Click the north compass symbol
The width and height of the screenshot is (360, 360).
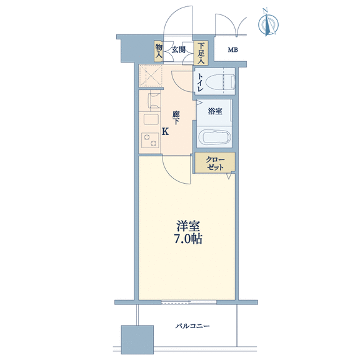click(268, 23)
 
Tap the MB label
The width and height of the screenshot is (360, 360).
click(232, 49)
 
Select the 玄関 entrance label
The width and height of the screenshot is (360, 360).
click(179, 49)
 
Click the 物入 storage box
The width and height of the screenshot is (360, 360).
click(159, 51)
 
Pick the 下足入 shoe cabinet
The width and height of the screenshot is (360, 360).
click(201, 52)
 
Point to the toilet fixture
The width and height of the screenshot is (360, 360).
click(221, 82)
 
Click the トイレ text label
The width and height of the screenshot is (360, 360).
click(200, 82)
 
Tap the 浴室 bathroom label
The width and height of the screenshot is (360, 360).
click(215, 111)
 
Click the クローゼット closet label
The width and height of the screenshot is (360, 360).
click(215, 163)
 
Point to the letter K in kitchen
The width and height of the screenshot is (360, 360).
click(165, 132)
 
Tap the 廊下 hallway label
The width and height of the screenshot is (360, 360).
click(176, 117)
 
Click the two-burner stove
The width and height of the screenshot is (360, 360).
click(151, 140)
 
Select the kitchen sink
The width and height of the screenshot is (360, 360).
click(151, 119)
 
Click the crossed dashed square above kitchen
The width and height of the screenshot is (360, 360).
click(151, 76)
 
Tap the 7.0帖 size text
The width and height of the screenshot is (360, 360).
click(188, 239)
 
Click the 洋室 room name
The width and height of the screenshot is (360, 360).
click(188, 226)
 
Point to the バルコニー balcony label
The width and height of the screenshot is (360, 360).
click(192, 326)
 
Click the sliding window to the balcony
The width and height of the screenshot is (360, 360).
click(189, 302)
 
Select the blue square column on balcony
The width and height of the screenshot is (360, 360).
click(137, 339)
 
